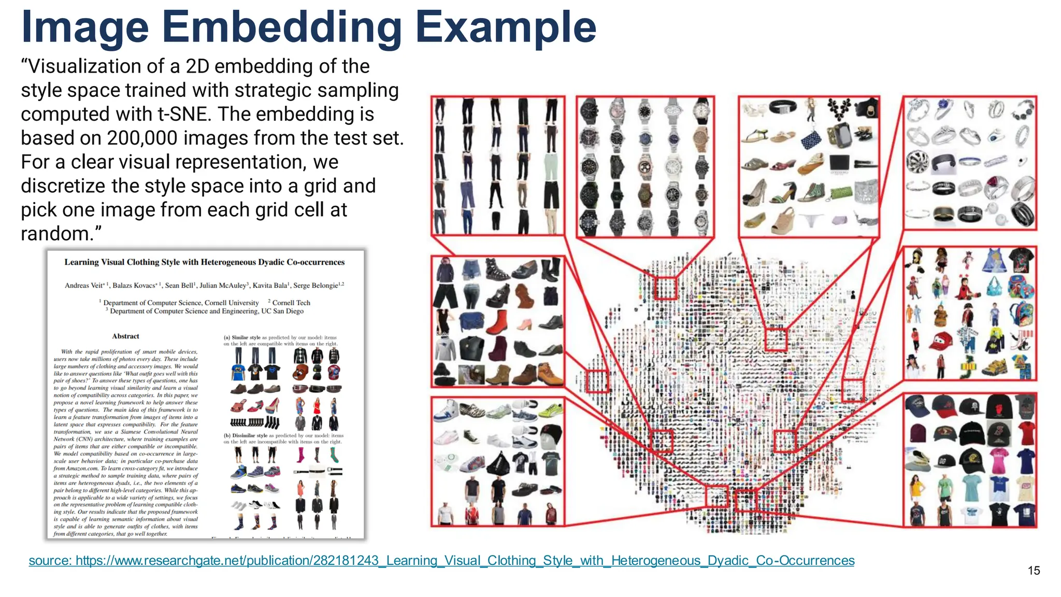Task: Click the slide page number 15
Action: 1034,571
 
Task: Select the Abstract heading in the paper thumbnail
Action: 125,336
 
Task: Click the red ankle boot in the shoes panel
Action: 497,322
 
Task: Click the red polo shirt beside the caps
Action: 1026,432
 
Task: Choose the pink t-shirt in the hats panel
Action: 998,459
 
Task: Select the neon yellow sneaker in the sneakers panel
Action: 550,410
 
